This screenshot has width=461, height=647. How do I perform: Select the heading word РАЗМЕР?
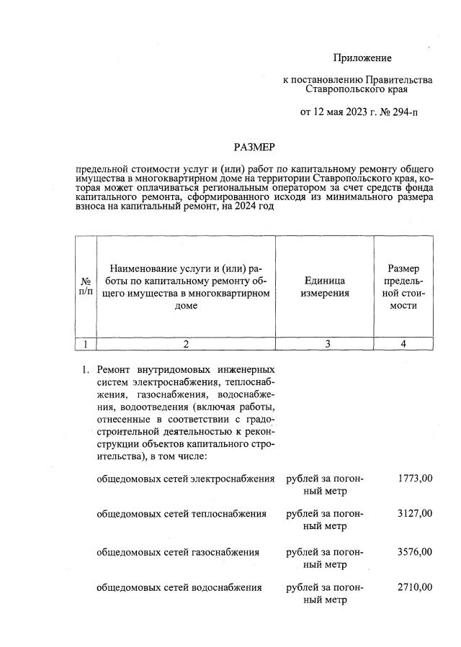click(x=253, y=147)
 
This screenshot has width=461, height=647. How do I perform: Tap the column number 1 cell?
click(x=86, y=343)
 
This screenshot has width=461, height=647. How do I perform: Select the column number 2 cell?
click(x=186, y=343)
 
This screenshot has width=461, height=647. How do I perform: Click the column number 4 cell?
click(x=403, y=343)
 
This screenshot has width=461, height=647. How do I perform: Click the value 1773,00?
click(x=415, y=478)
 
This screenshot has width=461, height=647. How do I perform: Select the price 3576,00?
click(x=415, y=551)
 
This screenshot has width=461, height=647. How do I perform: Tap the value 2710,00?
click(x=415, y=587)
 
